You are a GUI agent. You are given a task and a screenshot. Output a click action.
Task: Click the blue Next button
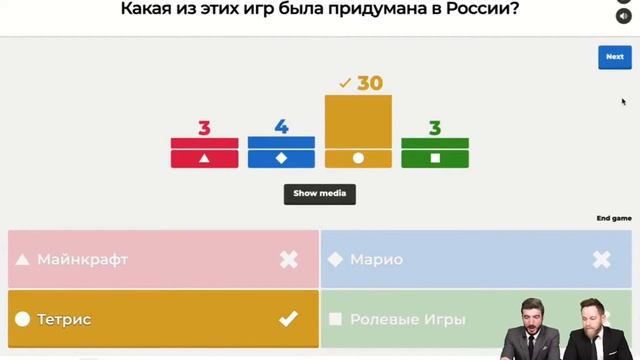point(614,57)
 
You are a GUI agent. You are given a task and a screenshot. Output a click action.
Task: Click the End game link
point(614,218)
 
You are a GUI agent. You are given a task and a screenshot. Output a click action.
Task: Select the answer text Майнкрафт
point(83,260)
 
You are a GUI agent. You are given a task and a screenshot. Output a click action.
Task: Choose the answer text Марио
point(376,260)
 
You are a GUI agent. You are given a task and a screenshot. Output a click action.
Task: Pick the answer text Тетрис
point(65,319)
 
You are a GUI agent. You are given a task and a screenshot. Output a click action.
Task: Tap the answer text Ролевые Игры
point(407,319)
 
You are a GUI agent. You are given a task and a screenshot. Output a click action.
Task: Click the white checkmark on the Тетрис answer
point(288,319)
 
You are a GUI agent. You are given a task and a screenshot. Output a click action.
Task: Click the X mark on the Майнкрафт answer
point(288,260)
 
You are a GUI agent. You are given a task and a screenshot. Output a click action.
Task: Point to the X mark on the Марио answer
point(601,260)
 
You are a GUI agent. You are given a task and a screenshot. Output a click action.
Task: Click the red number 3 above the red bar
point(204,128)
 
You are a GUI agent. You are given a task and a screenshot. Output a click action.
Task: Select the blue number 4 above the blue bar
point(281,127)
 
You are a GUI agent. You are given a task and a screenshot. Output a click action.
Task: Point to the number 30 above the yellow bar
point(370,83)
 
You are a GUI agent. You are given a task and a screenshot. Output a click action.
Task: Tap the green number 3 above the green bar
point(435,128)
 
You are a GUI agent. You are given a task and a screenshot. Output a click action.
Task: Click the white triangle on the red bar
point(204,158)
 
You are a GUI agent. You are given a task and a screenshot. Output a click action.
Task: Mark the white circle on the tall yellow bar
point(358,158)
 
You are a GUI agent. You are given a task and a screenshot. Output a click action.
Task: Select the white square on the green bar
point(435,158)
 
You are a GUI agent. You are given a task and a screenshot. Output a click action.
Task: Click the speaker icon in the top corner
point(624,17)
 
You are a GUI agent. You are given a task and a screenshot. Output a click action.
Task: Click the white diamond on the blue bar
point(281,158)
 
